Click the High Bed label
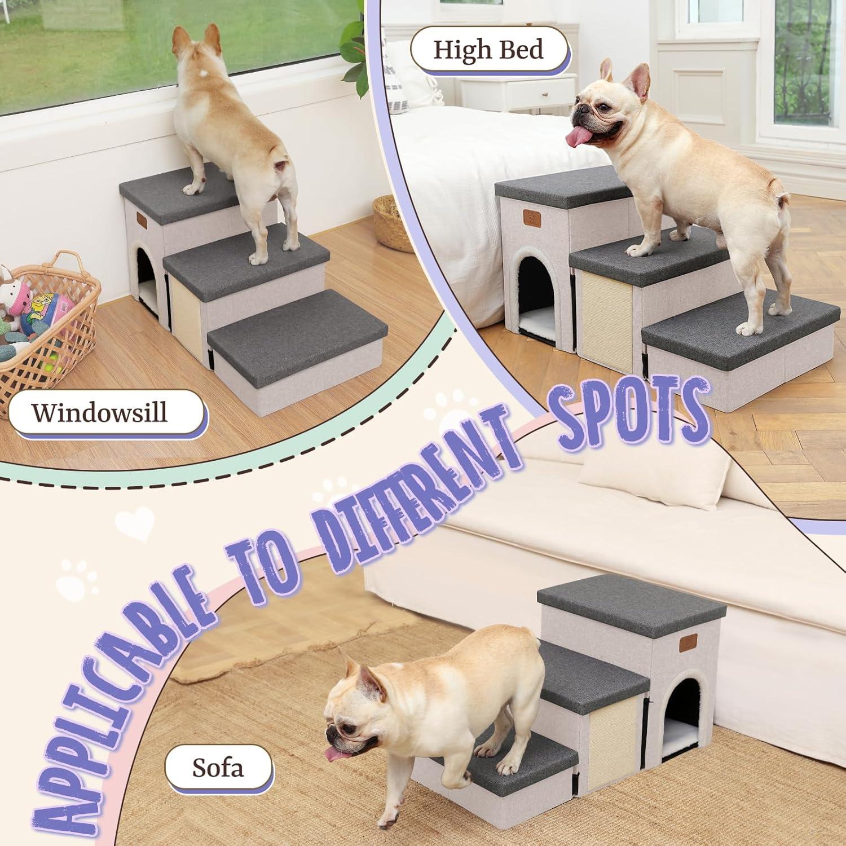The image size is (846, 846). [488, 50]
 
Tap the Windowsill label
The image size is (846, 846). [100, 412]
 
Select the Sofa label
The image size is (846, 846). [218, 767]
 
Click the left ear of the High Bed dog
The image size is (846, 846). [606, 70]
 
